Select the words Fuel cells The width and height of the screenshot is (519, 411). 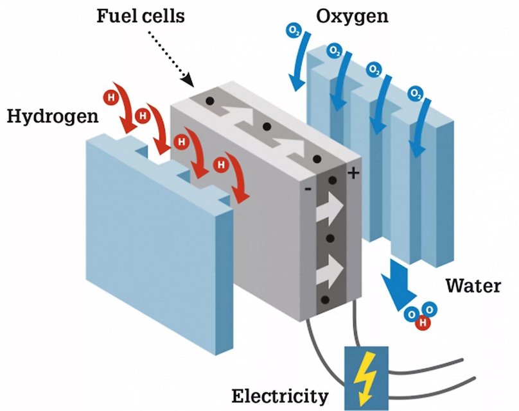140,15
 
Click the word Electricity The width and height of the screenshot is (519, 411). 280,394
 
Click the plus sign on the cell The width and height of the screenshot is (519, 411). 353,172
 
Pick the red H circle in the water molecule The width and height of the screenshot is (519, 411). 422,323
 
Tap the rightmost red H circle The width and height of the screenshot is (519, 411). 221,164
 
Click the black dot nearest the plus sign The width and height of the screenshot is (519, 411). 333,181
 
